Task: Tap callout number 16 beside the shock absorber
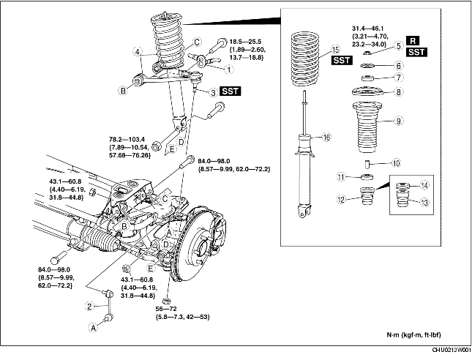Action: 327,137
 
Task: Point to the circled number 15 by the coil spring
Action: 335,50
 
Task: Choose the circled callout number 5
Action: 399,45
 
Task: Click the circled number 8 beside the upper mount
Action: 399,93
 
